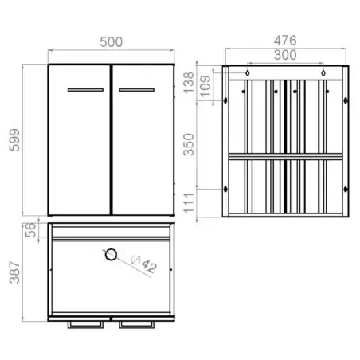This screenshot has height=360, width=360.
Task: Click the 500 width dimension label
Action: coord(111,42)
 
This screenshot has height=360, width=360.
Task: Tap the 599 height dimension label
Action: coord(14,140)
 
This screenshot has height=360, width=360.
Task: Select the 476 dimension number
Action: coord(285,41)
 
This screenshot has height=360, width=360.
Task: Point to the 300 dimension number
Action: coord(285,55)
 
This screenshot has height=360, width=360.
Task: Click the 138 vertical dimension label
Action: coord(189,83)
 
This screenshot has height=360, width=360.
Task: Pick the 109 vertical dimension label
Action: coord(205,86)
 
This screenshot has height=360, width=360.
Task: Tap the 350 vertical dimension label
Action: coord(189,144)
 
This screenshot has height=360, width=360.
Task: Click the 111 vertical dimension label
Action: coord(189,203)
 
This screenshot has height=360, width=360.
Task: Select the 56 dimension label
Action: coord(30,230)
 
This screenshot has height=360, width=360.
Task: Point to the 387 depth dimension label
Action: coord(14,272)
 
